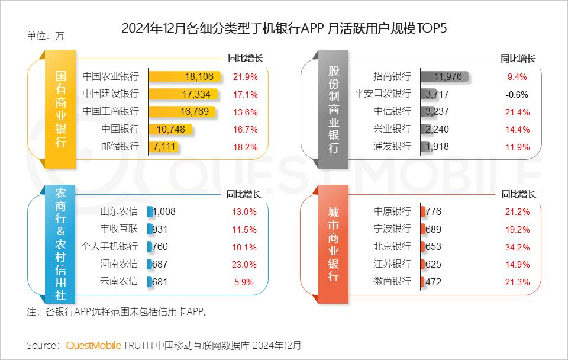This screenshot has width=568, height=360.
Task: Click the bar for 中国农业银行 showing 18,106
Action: pyautogui.click(x=185, y=76)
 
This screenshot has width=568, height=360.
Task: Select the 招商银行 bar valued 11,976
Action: pyautogui.click(x=444, y=76)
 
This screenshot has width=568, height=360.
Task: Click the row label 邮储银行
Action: pyautogui.click(x=120, y=146)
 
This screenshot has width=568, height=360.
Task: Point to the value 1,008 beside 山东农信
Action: pyautogui.click(x=164, y=211)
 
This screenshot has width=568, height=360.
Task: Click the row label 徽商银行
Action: pyautogui.click(x=392, y=282)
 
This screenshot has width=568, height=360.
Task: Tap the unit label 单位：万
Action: pyautogui.click(x=45, y=36)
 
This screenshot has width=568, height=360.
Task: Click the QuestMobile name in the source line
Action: pyautogui.click(x=93, y=345)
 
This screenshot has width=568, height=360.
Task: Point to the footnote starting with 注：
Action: pyautogui.click(x=118, y=311)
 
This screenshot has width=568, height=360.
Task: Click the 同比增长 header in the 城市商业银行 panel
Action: pyautogui.click(x=518, y=194)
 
